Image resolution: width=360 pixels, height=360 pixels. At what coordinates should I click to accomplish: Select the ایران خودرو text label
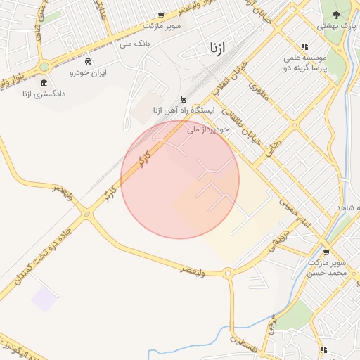[x=88, y=72]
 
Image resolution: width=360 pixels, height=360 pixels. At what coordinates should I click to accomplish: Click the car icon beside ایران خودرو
[x=88, y=62]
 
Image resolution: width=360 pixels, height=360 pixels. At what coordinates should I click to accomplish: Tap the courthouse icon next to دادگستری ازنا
[x=44, y=83]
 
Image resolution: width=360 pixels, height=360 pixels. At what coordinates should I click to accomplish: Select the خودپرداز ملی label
[x=209, y=130]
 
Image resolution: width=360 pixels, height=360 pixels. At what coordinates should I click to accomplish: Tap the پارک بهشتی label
[x=336, y=26]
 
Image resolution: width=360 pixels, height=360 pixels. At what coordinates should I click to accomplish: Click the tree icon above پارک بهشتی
[x=336, y=15]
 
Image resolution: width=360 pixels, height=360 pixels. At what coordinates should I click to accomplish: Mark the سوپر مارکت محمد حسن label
[x=328, y=266]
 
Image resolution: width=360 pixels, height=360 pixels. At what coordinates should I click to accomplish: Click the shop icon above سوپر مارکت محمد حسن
[x=326, y=252]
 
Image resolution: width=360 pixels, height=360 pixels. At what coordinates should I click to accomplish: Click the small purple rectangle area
[x=44, y=299]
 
